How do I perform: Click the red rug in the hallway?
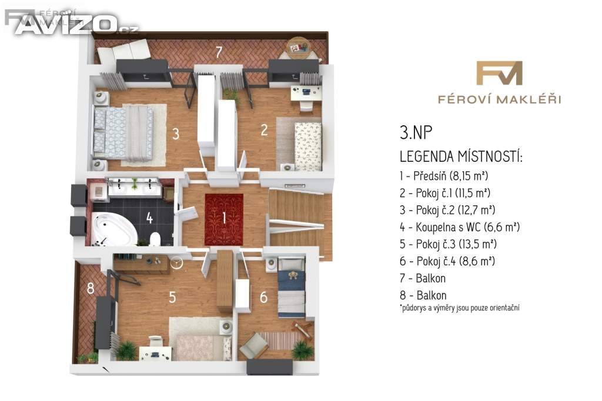click(x=224, y=219)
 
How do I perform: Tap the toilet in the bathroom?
click(x=155, y=239)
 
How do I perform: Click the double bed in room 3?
click(x=123, y=133)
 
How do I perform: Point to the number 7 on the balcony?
click(x=219, y=52)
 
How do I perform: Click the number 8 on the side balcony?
click(x=91, y=288)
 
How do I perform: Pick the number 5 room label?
click(x=172, y=297)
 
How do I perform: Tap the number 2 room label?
click(x=264, y=130)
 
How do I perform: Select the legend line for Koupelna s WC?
click(x=460, y=227)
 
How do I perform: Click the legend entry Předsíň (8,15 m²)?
click(x=444, y=176)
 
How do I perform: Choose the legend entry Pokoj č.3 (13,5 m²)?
click(x=448, y=244)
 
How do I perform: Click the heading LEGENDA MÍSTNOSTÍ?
click(x=461, y=157)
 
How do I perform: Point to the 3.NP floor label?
click(x=416, y=132)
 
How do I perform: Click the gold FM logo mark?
click(x=499, y=73)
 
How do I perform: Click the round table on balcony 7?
click(x=299, y=48)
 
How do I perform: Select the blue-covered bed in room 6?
click(x=292, y=288)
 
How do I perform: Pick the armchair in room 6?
click(x=253, y=346)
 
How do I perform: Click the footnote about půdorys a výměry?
click(x=460, y=308)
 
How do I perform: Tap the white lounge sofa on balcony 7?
click(x=123, y=52)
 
